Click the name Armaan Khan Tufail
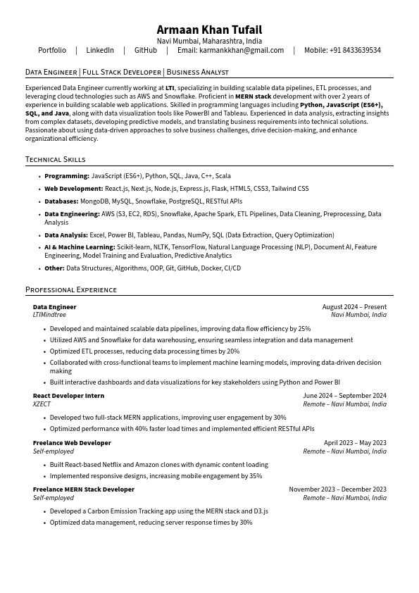(209, 30)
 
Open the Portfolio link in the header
(52, 51)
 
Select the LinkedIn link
(100, 51)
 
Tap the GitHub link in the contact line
(146, 51)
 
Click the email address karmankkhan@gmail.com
(242, 51)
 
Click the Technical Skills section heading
(55, 160)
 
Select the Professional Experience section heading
(71, 289)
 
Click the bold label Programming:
(67, 176)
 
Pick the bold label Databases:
(61, 201)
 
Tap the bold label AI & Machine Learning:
(80, 247)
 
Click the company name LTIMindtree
(49, 315)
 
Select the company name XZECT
(42, 404)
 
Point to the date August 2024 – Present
(354, 307)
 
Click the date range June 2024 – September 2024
(344, 396)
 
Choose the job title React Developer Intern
(68, 396)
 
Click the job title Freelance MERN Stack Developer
(83, 489)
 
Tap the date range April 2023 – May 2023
(355, 443)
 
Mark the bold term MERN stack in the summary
(253, 96)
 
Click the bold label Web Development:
(74, 189)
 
